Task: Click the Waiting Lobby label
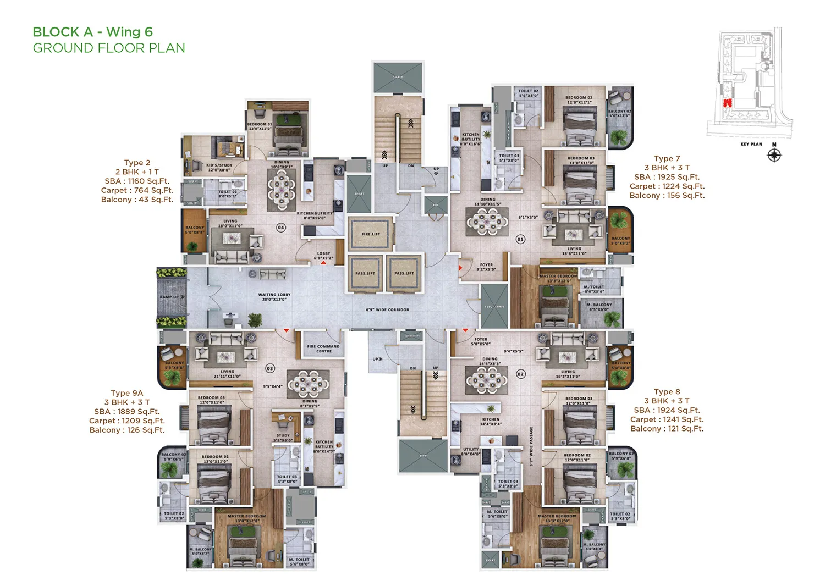[x=274, y=297]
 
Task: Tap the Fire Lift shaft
[x=371, y=234]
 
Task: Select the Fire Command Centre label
[x=323, y=349]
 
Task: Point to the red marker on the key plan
[x=728, y=103]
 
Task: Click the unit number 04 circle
[x=281, y=227]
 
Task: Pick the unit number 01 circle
[x=520, y=239]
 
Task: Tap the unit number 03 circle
[x=270, y=368]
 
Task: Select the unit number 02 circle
[x=520, y=374]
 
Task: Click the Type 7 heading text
[x=667, y=158]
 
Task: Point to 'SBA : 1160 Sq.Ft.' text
[x=137, y=181]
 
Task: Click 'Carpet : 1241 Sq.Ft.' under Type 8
[x=667, y=419]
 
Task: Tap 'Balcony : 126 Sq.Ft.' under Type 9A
[x=127, y=430]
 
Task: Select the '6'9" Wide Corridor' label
[x=387, y=310]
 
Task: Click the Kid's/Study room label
[x=219, y=167]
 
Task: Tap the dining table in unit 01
[x=487, y=222]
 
